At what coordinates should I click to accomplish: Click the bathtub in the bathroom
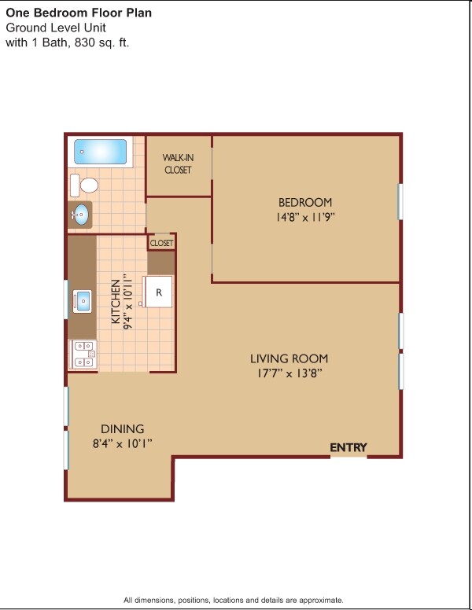(101, 152)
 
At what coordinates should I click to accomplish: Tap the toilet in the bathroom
(84, 186)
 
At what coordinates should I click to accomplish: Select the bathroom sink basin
(81, 215)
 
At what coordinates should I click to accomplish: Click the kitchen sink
(82, 302)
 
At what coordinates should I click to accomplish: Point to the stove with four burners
(83, 354)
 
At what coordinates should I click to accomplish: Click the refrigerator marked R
(157, 292)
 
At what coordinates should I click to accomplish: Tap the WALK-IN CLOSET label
(178, 164)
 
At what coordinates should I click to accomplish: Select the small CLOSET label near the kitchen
(161, 243)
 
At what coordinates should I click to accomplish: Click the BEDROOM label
(305, 202)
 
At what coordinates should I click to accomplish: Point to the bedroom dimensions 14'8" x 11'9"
(305, 217)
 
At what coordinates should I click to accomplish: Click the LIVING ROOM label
(289, 358)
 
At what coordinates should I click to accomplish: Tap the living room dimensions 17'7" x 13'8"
(289, 373)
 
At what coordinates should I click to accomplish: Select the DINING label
(122, 428)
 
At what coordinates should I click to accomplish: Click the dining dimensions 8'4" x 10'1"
(122, 443)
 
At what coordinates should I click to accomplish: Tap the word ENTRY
(348, 447)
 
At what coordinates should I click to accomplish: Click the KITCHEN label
(116, 302)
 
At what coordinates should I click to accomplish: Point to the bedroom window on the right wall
(400, 201)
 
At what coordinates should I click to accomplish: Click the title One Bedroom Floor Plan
(79, 13)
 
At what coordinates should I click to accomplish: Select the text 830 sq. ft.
(101, 42)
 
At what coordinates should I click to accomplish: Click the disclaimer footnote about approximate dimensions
(234, 600)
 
